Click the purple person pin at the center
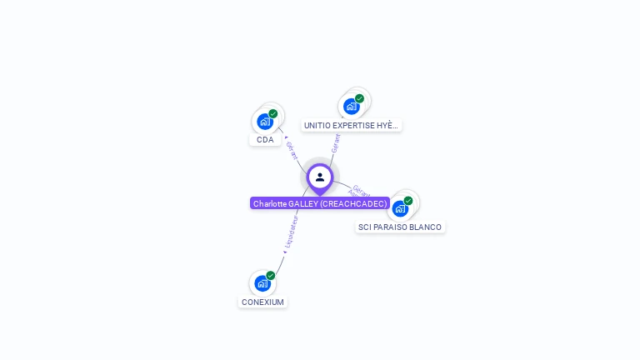pos(320,177)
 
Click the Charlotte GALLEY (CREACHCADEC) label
pos(320,203)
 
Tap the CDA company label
pos(265,140)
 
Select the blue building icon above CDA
pos(265,122)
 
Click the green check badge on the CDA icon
pos(273,113)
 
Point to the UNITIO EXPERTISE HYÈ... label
pos(351,126)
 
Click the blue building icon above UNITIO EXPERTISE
pos(352,107)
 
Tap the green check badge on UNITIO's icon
pos(360,98)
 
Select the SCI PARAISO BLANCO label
pos(400,227)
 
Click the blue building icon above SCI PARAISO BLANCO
pos(400,208)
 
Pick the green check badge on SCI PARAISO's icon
pos(408,200)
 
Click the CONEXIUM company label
pos(262,302)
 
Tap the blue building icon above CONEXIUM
pos(262,283)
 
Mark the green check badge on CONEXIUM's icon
pos(271,275)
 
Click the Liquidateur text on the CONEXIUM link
pos(291,232)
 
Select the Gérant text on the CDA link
pos(292,151)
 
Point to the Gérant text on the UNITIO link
pos(336,142)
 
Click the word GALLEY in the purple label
pos(302,203)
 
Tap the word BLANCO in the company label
pos(425,227)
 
